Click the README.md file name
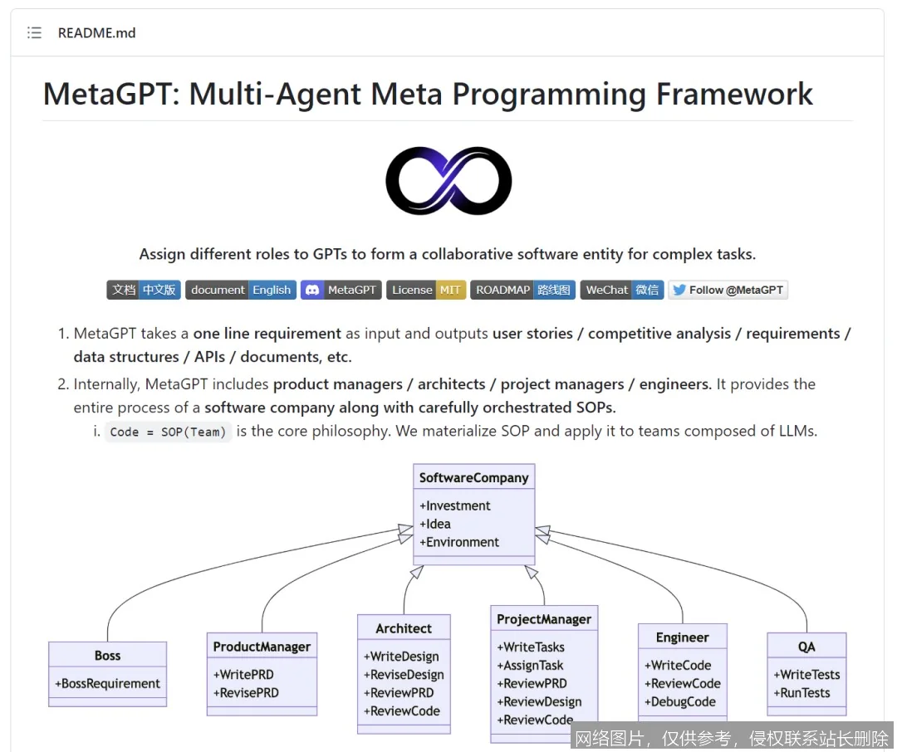pyautogui.click(x=96, y=33)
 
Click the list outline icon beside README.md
pyautogui.click(x=34, y=33)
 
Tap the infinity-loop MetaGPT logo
pyautogui.click(x=448, y=181)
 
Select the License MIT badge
pyautogui.click(x=426, y=290)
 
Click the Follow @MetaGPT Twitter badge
pyautogui.click(x=728, y=290)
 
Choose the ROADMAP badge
pyautogui.click(x=522, y=290)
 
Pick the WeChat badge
pyautogui.click(x=621, y=290)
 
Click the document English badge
pyautogui.click(x=240, y=290)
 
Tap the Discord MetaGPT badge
pyautogui.click(x=341, y=290)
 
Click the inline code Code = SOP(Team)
pyautogui.click(x=168, y=432)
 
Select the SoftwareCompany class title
pyautogui.click(x=473, y=477)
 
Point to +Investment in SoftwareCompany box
pyautogui.click(x=455, y=505)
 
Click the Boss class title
pyautogui.click(x=107, y=655)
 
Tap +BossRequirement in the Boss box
pyautogui.click(x=108, y=683)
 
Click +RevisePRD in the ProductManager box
pyautogui.click(x=246, y=692)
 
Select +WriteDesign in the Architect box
pyautogui.click(x=401, y=656)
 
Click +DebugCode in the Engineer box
pyautogui.click(x=679, y=701)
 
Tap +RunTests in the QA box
pyautogui.click(x=805, y=692)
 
